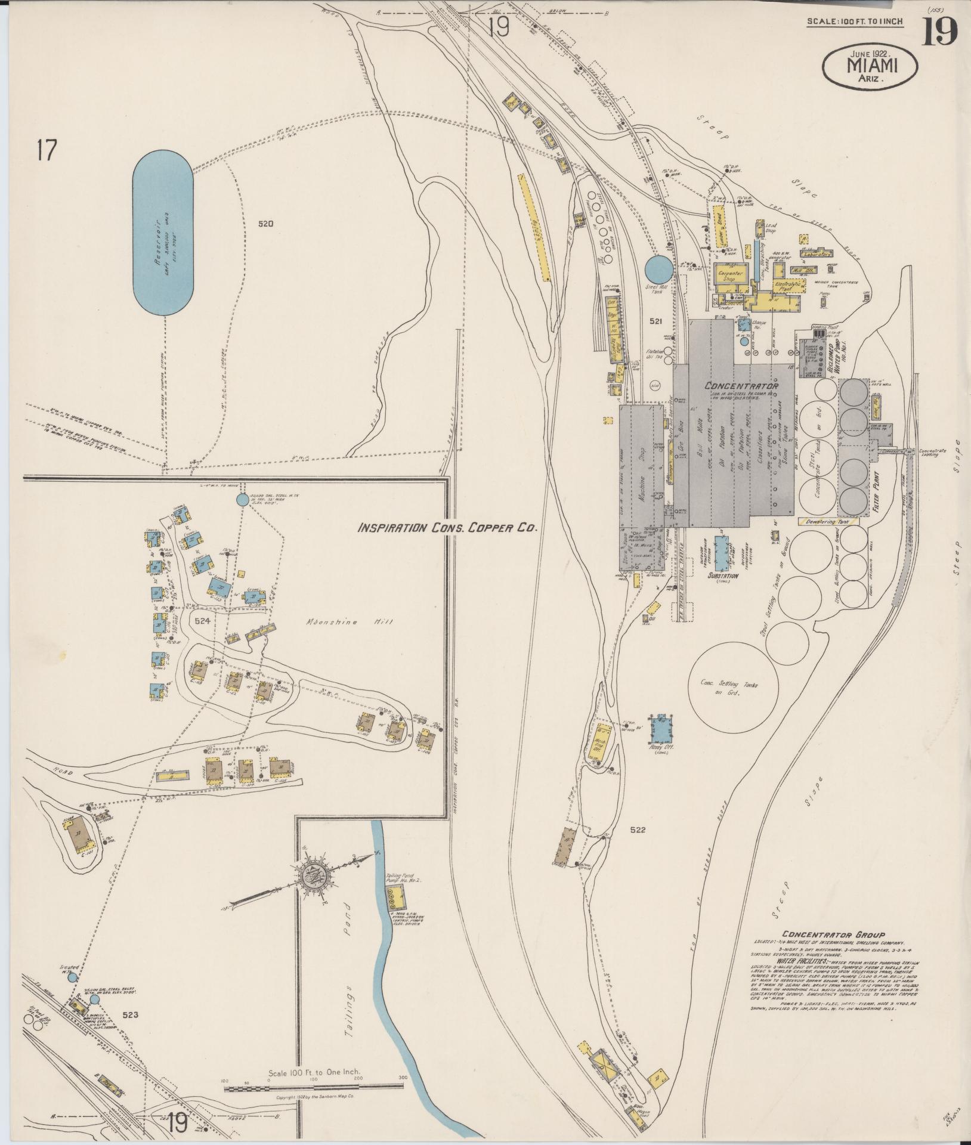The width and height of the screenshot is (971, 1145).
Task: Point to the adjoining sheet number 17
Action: [x=45, y=150]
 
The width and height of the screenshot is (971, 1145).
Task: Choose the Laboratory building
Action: [x=817, y=254]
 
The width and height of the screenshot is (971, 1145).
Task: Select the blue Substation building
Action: [x=722, y=552]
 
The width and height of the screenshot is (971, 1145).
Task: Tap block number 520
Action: [x=266, y=224]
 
